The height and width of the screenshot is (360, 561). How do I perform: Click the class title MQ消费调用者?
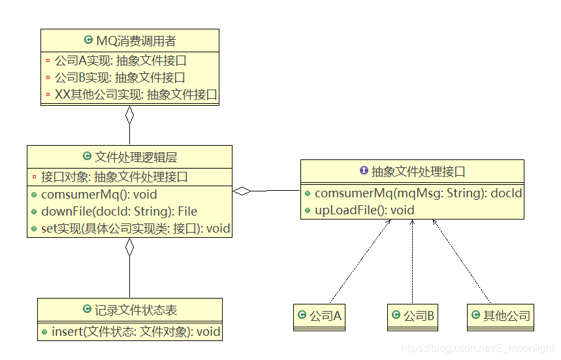[136, 41]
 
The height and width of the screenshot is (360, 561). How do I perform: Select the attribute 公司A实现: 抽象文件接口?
[121, 61]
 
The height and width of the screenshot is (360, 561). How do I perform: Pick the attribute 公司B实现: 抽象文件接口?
[120, 78]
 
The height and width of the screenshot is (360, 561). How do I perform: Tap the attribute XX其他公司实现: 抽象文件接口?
[136, 95]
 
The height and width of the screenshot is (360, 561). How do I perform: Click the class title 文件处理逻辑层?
[135, 157]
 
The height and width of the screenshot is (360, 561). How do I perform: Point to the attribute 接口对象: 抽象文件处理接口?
[114, 177]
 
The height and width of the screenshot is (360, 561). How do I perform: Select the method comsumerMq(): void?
[99, 195]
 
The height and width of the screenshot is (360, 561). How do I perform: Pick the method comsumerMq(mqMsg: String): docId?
[418, 194]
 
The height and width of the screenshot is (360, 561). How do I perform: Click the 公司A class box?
[319, 316]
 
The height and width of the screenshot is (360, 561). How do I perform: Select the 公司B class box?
[412, 316]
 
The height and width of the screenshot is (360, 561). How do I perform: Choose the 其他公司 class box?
[500, 316]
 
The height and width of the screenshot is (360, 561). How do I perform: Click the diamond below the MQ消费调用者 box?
[129, 116]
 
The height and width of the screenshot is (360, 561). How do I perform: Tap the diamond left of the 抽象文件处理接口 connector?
[242, 191]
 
